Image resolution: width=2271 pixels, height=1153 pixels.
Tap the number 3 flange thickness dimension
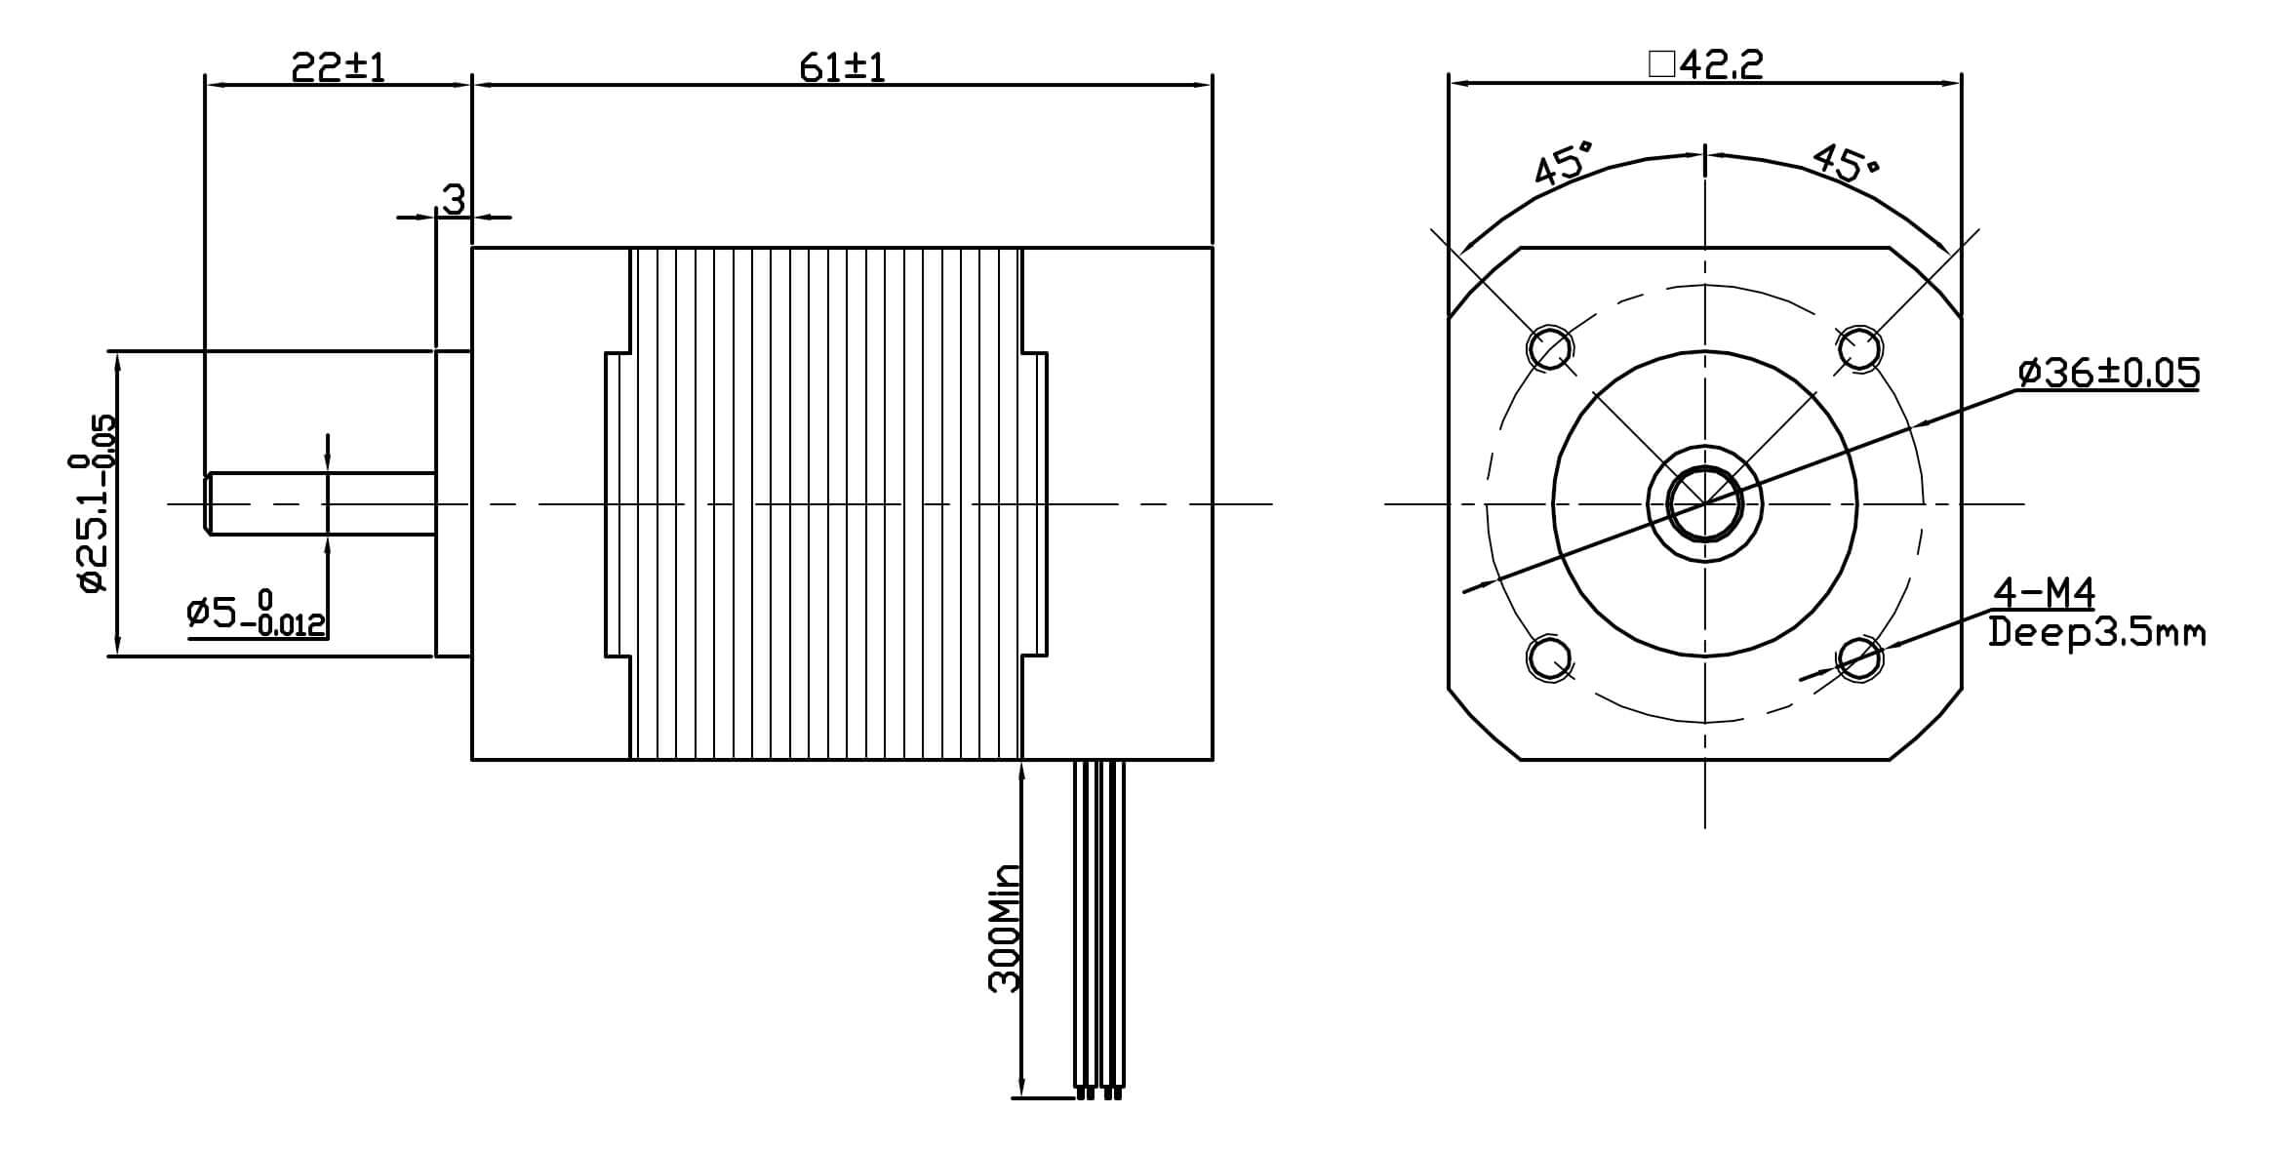454,200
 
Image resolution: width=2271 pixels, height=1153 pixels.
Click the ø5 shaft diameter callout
257,615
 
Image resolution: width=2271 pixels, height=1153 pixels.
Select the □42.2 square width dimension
1705,64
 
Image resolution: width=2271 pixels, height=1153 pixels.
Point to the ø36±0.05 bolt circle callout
2108,373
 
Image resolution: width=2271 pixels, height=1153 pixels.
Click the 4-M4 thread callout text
2044,592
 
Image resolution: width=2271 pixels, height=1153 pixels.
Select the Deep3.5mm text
2096,633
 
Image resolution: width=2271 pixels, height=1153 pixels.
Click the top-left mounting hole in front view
1550,348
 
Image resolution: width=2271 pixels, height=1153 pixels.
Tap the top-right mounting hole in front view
1859,348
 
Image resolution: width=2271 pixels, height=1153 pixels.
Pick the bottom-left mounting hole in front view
1550,658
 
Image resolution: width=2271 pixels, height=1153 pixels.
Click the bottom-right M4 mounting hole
1859,658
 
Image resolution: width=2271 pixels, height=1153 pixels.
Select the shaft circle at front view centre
1704,504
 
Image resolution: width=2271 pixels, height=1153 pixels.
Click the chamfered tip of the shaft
208,504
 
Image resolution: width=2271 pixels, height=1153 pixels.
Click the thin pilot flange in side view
453,504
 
